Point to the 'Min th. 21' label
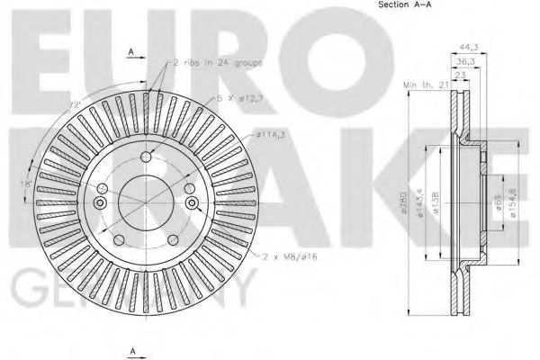pyautogui.click(x=426, y=84)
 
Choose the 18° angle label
pyautogui.click(x=27, y=184)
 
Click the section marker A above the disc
pyautogui.click(x=132, y=54)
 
